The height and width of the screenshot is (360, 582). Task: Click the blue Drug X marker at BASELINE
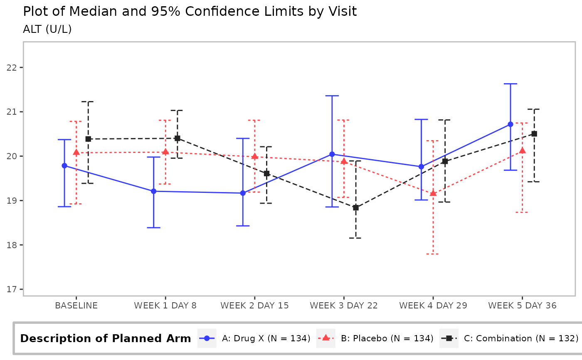click(x=64, y=166)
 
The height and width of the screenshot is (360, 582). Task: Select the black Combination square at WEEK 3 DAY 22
click(x=356, y=208)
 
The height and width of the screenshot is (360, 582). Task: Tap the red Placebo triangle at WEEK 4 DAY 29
click(x=433, y=193)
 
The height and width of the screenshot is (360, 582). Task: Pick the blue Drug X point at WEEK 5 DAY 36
click(x=510, y=124)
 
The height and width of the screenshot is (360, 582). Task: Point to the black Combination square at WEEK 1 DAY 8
click(x=178, y=138)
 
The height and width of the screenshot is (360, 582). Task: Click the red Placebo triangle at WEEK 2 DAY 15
click(x=254, y=156)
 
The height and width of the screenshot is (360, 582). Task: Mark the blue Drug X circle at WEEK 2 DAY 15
click(x=243, y=193)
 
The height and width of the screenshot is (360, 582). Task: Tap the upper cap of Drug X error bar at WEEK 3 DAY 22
click(x=332, y=96)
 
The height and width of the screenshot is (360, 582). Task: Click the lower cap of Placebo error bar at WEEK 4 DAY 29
click(x=433, y=254)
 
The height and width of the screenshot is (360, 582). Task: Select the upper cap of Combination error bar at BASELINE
click(x=88, y=101)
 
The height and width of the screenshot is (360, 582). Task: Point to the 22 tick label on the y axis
click(x=12, y=68)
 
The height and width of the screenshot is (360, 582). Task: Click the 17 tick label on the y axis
click(x=12, y=289)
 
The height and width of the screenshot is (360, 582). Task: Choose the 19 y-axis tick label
click(x=12, y=201)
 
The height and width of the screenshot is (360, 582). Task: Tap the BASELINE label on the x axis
click(x=76, y=306)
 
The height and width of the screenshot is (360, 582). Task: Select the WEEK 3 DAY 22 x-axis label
click(x=344, y=306)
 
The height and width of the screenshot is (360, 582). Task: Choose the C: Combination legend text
click(x=521, y=338)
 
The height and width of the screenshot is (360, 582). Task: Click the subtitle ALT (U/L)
click(x=47, y=29)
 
